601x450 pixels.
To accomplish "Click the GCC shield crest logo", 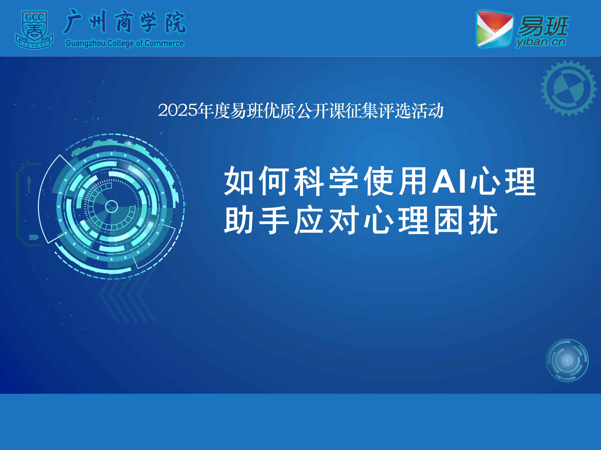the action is (34, 30).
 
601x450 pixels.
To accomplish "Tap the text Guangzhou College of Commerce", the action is (125, 43).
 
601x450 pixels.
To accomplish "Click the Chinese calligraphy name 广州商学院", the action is (125, 22).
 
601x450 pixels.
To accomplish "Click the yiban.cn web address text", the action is (541, 42).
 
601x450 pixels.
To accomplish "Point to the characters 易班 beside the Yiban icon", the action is (543, 26).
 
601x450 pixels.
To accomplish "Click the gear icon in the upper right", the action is (569, 88).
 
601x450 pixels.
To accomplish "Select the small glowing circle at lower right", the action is (567, 360).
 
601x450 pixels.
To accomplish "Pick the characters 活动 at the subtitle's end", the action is (427, 111).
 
